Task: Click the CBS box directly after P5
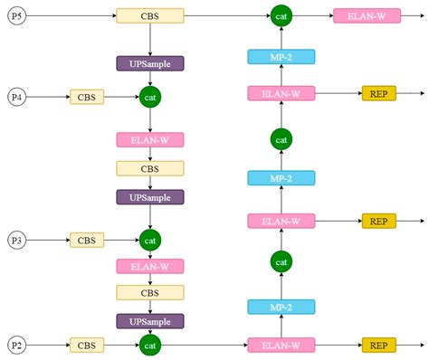coord(150,15)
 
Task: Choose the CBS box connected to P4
coord(87,96)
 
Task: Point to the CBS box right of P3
coord(87,240)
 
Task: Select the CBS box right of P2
coord(87,345)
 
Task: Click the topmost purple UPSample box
coord(150,63)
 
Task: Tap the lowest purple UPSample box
coord(150,321)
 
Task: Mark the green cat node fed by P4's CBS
coord(150,96)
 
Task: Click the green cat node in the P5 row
coord(281,15)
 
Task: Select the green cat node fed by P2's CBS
coord(150,345)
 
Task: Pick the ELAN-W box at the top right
coord(367,15)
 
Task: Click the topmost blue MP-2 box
coord(281,57)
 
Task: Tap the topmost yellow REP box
coord(378,92)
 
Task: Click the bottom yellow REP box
coord(378,345)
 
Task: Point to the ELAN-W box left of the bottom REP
coord(281,345)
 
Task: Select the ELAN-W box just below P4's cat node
coord(150,139)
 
